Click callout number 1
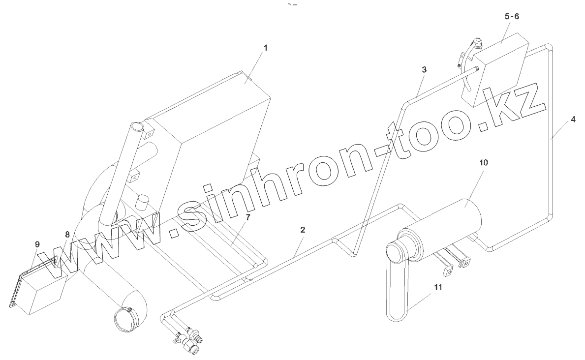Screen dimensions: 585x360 (x=265, y=48)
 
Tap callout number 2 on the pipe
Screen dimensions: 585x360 (x=303, y=230)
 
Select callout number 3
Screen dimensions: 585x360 (x=424, y=69)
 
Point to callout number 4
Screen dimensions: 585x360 (x=573, y=120)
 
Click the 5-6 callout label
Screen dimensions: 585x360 (x=512, y=17)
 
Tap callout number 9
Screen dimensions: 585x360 (x=37, y=243)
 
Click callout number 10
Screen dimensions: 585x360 (x=484, y=162)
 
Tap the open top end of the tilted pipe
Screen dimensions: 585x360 (x=139, y=128)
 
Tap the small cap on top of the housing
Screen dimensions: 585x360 (x=143, y=201)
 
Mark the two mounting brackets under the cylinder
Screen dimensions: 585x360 (x=455, y=263)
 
